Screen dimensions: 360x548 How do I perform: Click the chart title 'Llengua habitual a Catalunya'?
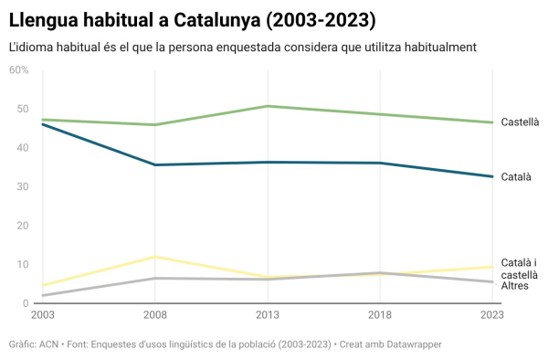192,19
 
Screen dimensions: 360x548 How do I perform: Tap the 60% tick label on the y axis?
19,69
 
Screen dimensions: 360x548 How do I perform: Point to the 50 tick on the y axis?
21,109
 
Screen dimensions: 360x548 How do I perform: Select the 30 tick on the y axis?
21,186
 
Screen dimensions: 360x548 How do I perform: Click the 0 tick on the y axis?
25,303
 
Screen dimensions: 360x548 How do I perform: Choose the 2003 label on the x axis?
42,315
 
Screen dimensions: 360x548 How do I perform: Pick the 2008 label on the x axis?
155,315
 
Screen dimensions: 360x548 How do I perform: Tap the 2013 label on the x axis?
269,315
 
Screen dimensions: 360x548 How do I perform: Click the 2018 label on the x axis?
381,315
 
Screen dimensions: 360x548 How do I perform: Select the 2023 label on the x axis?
491,315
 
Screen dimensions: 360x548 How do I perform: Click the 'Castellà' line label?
520,122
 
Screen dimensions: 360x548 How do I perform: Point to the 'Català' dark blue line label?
515,176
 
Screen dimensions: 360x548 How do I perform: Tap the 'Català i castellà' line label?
519,269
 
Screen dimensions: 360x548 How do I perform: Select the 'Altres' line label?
514,286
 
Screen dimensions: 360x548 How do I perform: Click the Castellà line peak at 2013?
269,106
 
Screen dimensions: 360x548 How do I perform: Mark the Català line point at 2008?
155,164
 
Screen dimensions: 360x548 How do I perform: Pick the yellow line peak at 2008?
155,257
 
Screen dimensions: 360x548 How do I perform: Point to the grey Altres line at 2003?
43,295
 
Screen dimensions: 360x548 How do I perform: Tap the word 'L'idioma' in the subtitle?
31,47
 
